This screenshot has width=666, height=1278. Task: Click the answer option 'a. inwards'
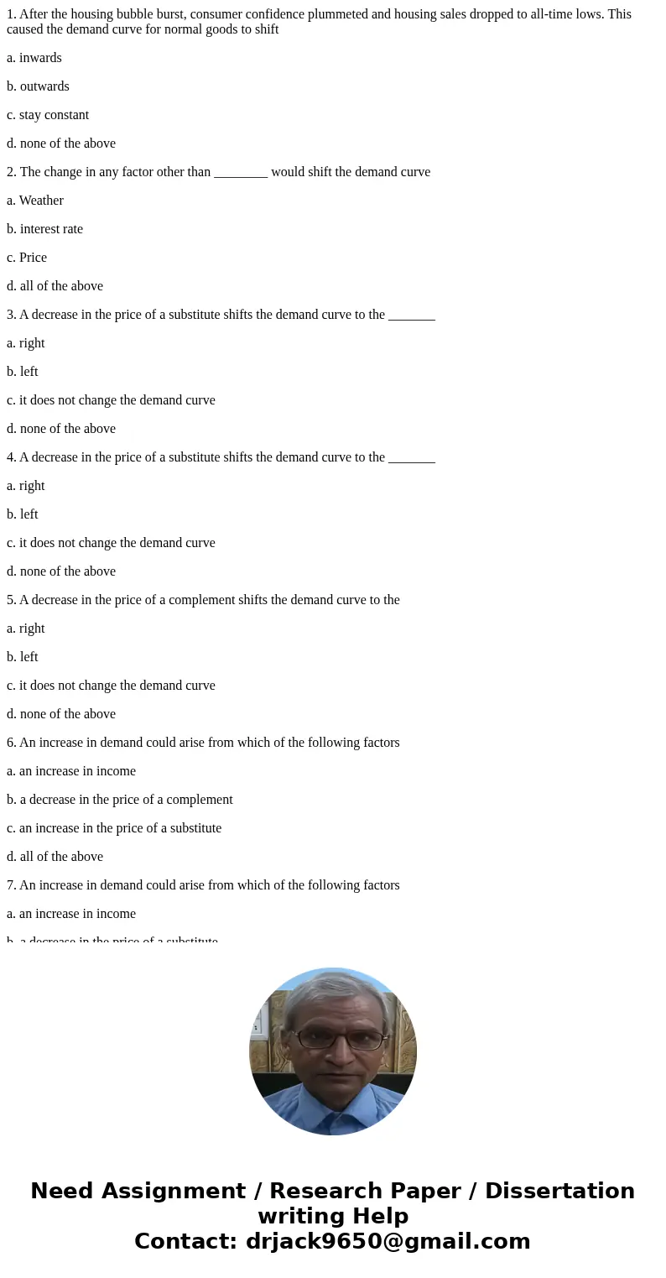(34, 58)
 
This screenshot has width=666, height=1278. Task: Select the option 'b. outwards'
(38, 86)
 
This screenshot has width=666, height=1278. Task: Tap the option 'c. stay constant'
(48, 115)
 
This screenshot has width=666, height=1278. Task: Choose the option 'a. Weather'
(35, 201)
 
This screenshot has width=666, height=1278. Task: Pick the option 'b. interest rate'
(44, 229)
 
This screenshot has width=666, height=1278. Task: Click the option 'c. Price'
(27, 258)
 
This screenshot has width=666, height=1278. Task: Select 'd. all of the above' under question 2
(55, 286)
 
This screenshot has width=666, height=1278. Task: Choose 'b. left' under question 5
(23, 657)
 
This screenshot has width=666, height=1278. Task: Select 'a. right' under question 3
(26, 343)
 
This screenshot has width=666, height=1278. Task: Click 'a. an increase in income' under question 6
(71, 771)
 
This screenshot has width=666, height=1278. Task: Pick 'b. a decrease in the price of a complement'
(120, 800)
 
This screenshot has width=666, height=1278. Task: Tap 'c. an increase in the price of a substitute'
(114, 828)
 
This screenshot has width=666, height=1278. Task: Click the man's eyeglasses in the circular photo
(333, 1039)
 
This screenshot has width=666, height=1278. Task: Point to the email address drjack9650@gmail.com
(388, 1241)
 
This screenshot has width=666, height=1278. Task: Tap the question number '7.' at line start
(12, 885)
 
